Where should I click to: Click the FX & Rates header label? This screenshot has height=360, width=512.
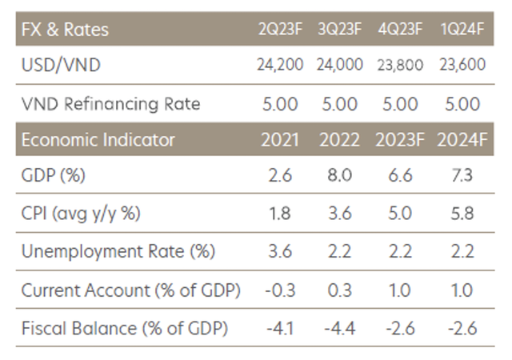coord(64,30)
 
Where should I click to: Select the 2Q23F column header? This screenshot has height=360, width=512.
coord(280,30)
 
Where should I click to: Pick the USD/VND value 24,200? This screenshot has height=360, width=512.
coord(280,66)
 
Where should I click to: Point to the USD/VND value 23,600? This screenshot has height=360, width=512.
coord(462,66)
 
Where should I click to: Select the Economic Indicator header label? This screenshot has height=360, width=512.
coord(98,139)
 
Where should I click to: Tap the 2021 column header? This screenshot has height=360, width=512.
coord(281,139)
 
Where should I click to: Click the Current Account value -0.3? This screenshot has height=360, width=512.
coord(281,290)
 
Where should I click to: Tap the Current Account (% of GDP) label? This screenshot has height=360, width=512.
coord(130,290)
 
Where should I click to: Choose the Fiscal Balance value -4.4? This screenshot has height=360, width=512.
coord(341,327)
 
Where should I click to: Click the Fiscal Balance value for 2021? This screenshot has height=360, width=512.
coord(281,327)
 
